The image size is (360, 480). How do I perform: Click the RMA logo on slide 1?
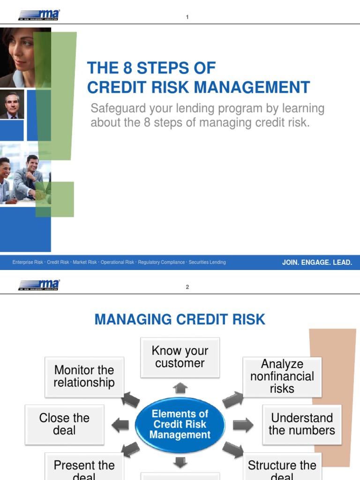[x=39, y=16]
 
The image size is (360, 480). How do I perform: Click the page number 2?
[x=187, y=287]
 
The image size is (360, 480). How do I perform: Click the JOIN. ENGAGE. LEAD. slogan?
[x=317, y=262]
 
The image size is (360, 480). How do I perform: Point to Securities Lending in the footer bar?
[x=207, y=262]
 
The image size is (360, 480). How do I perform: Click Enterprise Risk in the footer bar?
[x=28, y=262]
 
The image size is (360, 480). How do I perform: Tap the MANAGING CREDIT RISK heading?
[x=180, y=320]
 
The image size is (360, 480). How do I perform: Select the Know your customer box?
[x=180, y=357]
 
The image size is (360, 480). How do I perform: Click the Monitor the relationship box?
[x=84, y=376]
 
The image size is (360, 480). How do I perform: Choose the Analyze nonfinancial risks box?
[x=282, y=376]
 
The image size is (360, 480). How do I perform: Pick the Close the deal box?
[x=64, y=424]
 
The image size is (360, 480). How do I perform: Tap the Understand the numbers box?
[x=302, y=424]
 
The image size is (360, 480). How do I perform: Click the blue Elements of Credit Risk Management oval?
[x=180, y=425]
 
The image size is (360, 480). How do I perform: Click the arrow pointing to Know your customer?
[x=180, y=388]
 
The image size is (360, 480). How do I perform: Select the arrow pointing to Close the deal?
[x=120, y=425]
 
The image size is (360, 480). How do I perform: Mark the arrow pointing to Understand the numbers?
[x=242, y=425]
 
